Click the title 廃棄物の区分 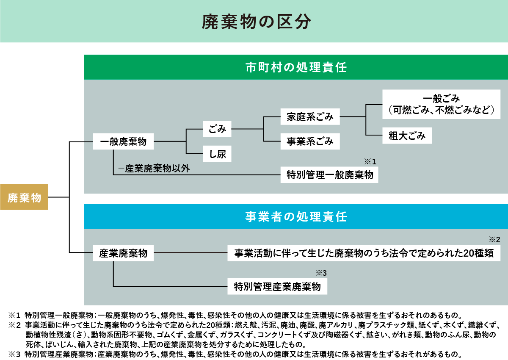(254, 22)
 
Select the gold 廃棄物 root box (24, 197)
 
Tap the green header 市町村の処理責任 (296, 67)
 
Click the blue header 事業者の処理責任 (296, 217)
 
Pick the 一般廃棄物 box (123, 142)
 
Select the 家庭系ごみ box (310, 116)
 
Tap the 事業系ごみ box (310, 141)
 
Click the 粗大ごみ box (407, 136)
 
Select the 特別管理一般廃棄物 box (330, 174)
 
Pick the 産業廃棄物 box (123, 254)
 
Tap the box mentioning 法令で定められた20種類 (364, 254)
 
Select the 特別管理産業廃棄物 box (277, 287)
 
